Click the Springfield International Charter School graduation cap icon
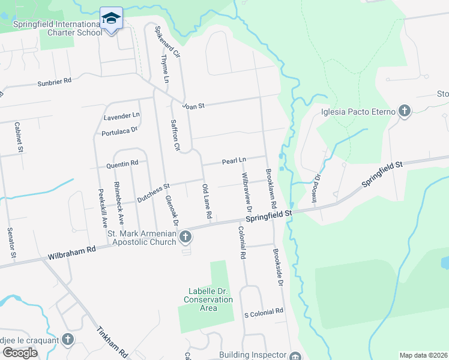(x=111, y=19)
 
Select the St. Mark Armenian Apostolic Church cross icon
(x=185, y=238)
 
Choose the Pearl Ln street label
(x=234, y=161)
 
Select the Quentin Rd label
(x=122, y=163)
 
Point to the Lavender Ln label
(x=121, y=114)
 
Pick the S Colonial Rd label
(x=263, y=312)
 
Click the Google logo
(x=20, y=352)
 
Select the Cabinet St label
(x=18, y=137)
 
